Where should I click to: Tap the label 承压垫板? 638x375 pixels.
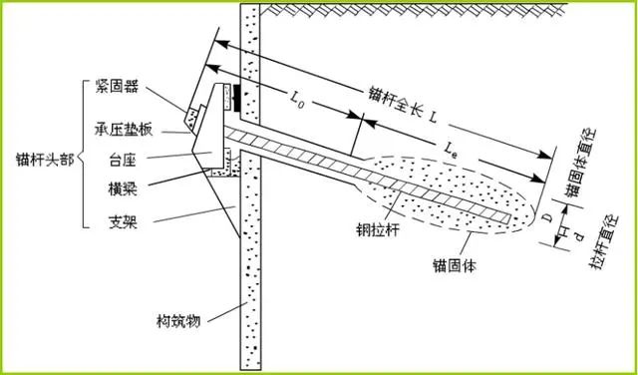pyautogui.click(x=122, y=131)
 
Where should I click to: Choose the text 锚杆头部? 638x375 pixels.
pyautogui.click(x=45, y=160)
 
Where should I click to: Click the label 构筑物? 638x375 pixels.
pyautogui.click(x=178, y=322)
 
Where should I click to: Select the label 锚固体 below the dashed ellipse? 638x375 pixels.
pyautogui.click(x=455, y=266)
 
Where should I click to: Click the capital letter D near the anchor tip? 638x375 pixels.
pyautogui.click(x=548, y=217)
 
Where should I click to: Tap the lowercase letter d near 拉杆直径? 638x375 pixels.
pyautogui.click(x=580, y=236)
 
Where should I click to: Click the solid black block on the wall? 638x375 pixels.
pyautogui.click(x=236, y=98)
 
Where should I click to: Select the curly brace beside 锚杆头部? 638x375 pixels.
pyautogui.click(x=83, y=154)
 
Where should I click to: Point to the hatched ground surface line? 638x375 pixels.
pyautogui.click(x=414, y=9)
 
